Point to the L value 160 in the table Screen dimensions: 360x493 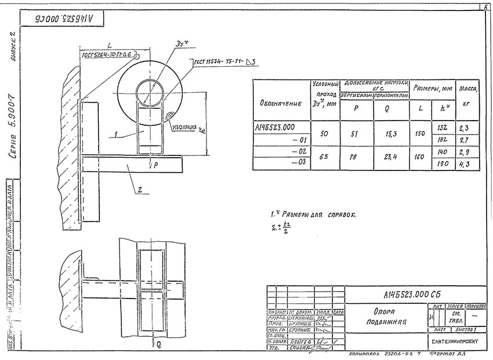tap(420, 157)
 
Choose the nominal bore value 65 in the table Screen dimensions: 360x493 tap(324, 157)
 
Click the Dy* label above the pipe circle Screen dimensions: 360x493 tap(180, 44)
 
